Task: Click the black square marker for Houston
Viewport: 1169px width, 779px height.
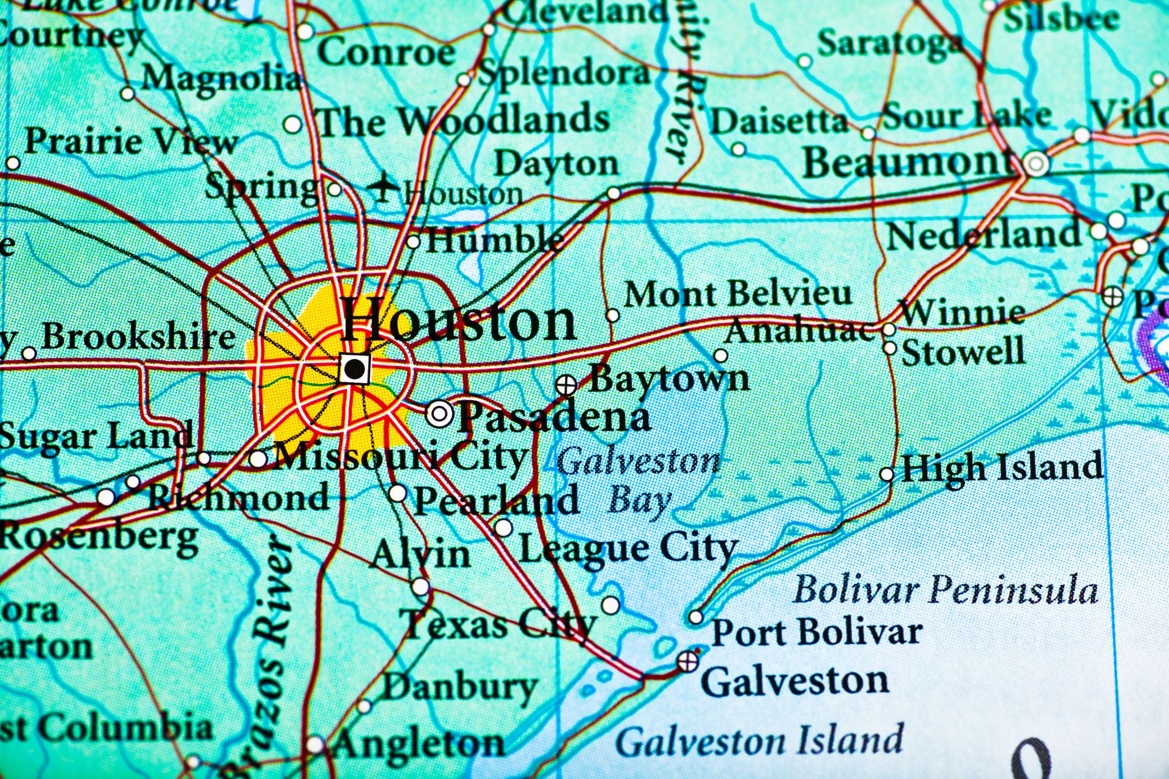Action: (354, 368)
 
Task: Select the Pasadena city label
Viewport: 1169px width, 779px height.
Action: (554, 417)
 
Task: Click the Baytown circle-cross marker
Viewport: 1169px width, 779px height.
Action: (566, 385)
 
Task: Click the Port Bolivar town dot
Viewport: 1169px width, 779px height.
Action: (696, 616)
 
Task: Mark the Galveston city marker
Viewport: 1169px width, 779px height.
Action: (688, 661)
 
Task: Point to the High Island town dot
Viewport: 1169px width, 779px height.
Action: (886, 474)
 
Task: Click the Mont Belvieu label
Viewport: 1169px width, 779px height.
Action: (737, 294)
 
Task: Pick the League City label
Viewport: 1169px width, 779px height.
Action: (628, 548)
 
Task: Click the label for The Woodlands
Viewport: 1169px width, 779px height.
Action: (464, 120)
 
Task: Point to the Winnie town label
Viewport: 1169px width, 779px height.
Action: (962, 312)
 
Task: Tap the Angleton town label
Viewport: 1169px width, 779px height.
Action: (420, 743)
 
